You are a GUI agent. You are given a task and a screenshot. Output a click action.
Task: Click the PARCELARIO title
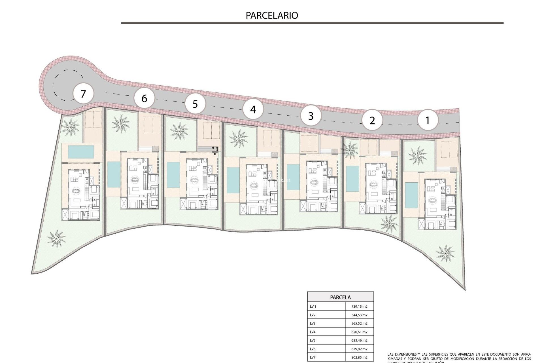coord(272,15)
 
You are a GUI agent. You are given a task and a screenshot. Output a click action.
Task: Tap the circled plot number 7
coord(83,94)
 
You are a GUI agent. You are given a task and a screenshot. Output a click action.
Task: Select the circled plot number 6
coord(144,98)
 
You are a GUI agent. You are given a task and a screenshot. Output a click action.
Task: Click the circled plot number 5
coord(195,104)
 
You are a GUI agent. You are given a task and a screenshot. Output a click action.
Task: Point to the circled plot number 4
coord(253,109)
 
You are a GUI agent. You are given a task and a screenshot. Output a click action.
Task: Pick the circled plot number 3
coord(311,116)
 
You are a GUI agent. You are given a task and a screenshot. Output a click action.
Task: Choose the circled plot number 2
coord(372,121)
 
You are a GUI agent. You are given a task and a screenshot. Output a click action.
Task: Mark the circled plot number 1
coord(428,120)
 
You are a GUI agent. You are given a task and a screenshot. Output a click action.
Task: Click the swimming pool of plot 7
coord(81,152)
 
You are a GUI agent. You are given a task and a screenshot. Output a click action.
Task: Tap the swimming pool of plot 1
coord(409,195)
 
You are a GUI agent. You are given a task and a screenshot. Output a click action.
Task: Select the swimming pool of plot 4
coord(233,180)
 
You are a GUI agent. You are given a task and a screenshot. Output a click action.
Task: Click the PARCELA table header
coord(340,297)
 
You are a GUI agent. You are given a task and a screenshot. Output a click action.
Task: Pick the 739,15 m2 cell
coord(359,306)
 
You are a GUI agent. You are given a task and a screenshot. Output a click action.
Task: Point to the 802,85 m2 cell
coord(359,357)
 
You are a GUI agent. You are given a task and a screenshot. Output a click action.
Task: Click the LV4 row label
coord(313,332)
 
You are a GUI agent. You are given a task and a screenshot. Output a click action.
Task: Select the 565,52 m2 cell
coord(359,323)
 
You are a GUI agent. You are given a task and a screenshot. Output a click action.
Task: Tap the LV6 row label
coord(313,349)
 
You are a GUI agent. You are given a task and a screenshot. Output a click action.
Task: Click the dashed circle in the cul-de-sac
coord(68,85)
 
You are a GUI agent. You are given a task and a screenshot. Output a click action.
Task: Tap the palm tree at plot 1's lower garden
coord(445,253)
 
